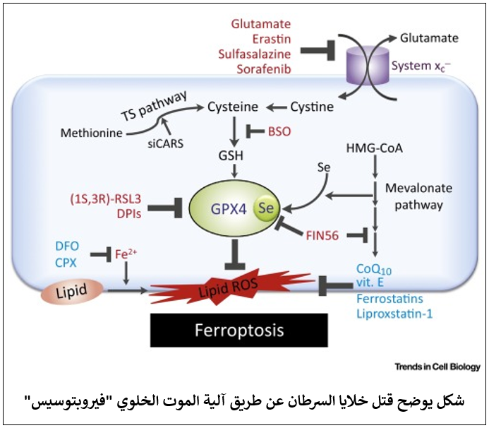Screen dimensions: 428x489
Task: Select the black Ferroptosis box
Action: [239, 331]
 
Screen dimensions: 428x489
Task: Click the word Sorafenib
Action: [264, 69]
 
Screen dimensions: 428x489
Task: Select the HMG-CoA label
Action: [374, 150]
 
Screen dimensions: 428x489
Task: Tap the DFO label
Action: [67, 246]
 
